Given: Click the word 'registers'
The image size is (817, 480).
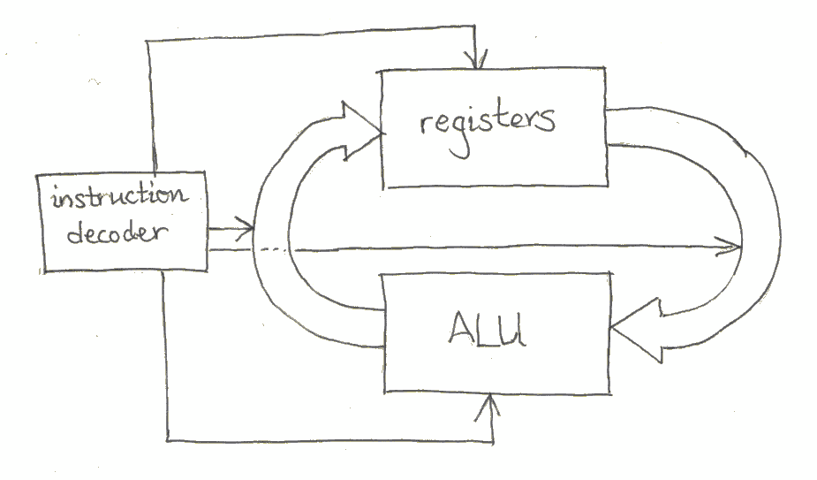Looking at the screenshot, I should click(x=488, y=121).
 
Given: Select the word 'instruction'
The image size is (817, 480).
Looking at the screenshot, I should click(x=120, y=194).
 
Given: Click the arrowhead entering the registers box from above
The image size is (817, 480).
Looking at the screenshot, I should click(x=479, y=63).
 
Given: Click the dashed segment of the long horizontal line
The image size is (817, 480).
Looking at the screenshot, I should click(x=274, y=250).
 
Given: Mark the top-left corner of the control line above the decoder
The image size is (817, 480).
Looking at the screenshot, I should click(x=153, y=42).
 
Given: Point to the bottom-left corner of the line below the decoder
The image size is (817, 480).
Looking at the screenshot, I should click(x=166, y=438).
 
